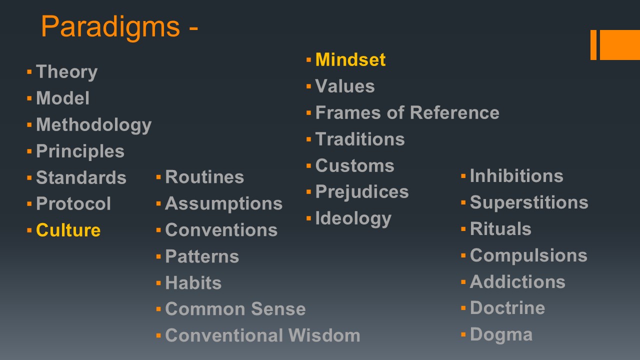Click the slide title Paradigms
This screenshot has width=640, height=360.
point(110,27)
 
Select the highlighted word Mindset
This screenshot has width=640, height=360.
point(350,59)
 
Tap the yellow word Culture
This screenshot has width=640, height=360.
point(68,230)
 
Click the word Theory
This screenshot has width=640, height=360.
point(67,72)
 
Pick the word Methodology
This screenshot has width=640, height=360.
point(93,125)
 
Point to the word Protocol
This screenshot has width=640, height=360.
point(73,203)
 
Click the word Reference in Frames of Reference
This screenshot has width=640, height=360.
point(454,112)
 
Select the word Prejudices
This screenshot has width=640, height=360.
point(362,191)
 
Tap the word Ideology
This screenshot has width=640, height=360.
point(353,219)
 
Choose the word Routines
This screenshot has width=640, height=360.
point(204,177)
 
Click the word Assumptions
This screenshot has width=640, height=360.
point(223,204)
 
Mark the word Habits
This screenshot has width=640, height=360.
point(193,283)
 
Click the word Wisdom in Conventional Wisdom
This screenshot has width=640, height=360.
point(324,335)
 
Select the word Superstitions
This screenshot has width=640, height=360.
point(529,203)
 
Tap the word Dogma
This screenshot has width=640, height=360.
point(501,335)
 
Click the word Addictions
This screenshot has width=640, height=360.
point(517,282)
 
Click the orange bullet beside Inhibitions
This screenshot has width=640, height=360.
point(463,176)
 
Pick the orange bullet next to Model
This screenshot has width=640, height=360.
point(29,98)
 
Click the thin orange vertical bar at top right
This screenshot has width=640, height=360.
point(593,45)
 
